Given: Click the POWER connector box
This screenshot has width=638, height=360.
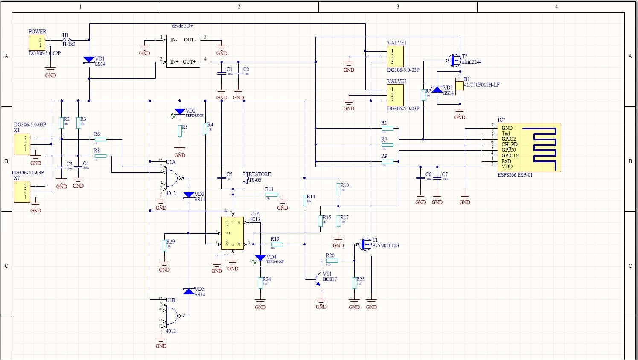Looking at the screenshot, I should pyautogui.click(x=37, y=42).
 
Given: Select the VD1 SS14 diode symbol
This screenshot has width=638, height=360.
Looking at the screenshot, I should pyautogui.click(x=89, y=60).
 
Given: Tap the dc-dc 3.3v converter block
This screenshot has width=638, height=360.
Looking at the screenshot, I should pyautogui.click(x=183, y=51).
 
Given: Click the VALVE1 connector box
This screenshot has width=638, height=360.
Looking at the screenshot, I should pyautogui.click(x=395, y=56).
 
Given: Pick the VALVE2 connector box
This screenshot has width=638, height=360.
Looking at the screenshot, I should pyautogui.click(x=395, y=95).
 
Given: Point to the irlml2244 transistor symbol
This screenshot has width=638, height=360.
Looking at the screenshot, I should pyautogui.click(x=454, y=60).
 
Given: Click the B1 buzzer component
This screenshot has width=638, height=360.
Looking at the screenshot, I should pyautogui.click(x=459, y=86).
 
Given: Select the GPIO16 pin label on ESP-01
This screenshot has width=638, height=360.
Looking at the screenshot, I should pyautogui.click(x=510, y=156).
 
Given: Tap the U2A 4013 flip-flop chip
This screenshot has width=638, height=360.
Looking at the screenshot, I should pyautogui.click(x=233, y=233).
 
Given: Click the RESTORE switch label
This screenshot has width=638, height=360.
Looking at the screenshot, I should pyautogui.click(x=259, y=174).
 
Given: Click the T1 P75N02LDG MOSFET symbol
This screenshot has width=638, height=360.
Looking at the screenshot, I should pyautogui.click(x=365, y=244).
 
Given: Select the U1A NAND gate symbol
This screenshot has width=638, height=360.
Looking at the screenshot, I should pyautogui.click(x=171, y=178).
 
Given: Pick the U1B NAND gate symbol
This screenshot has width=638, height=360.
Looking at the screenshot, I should pyautogui.click(x=171, y=316).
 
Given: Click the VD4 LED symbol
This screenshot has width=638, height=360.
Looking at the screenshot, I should pyautogui.click(x=260, y=258).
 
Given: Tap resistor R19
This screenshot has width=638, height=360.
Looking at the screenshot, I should pyautogui.click(x=277, y=244).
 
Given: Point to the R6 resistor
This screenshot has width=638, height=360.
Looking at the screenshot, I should pyautogui.click(x=100, y=139).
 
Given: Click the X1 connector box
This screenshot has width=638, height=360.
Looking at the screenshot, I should pyautogui.click(x=22, y=144).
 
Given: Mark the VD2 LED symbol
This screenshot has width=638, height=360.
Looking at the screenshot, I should pyautogui.click(x=180, y=112).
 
